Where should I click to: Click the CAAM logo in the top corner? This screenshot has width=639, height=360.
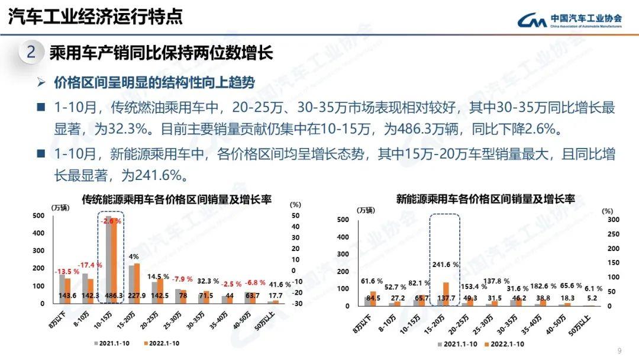[570, 20]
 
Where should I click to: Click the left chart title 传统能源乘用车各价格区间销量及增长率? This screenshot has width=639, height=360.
[176, 200]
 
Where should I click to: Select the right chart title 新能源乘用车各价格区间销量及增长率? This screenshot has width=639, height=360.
[485, 200]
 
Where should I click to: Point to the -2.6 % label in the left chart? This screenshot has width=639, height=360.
[111, 221]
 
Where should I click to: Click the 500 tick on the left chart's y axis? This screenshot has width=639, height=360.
[38, 216]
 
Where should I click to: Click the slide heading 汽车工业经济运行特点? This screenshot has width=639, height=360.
[95, 16]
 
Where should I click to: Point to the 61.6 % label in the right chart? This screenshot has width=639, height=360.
[371, 280]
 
